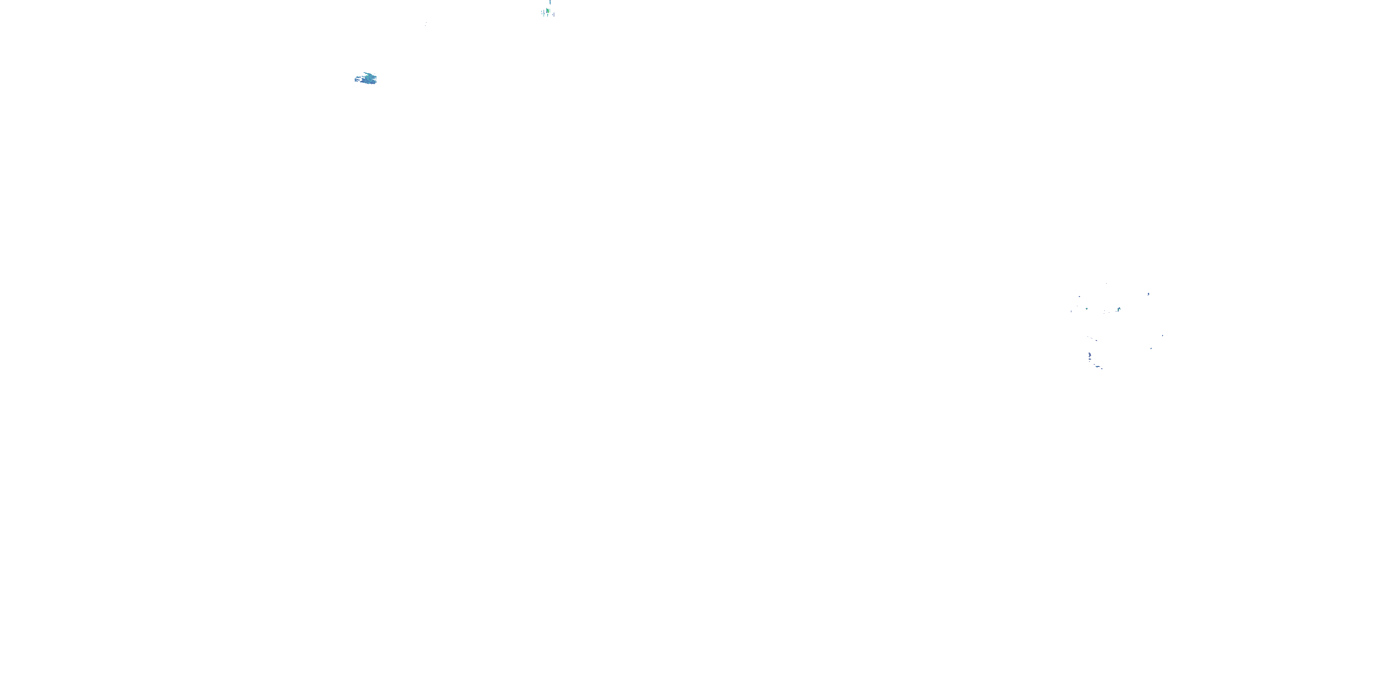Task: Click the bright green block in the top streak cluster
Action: (x=548, y=11)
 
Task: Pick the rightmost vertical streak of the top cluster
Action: (x=554, y=14)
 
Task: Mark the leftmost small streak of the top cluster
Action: (x=542, y=11)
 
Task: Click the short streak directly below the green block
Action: (x=548, y=15)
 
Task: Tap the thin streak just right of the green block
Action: (x=550, y=11)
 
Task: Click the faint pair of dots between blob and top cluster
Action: (x=425, y=23)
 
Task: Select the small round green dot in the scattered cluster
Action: (x=1087, y=309)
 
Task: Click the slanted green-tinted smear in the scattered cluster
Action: (x=1119, y=310)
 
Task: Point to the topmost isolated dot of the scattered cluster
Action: (x=1107, y=284)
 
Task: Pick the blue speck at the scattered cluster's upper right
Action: (x=1149, y=295)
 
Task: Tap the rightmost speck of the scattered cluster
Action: (x=1163, y=336)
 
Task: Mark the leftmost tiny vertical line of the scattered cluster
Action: (x=1071, y=312)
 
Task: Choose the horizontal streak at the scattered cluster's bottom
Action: (x=1098, y=367)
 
